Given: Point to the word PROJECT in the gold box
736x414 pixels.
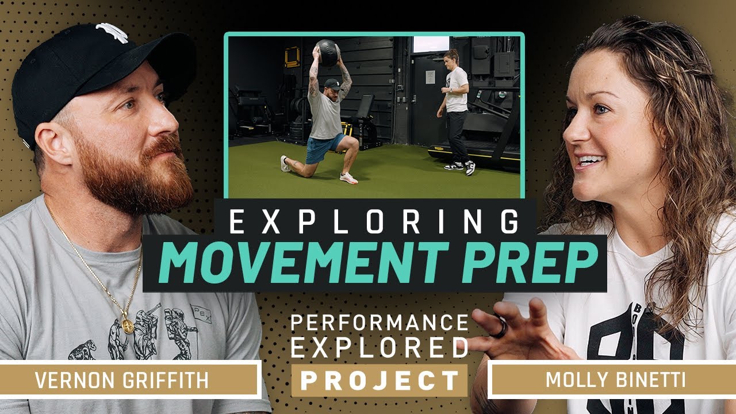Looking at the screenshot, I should coord(379,380).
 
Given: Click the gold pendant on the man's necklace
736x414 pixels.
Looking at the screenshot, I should coord(128,326).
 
